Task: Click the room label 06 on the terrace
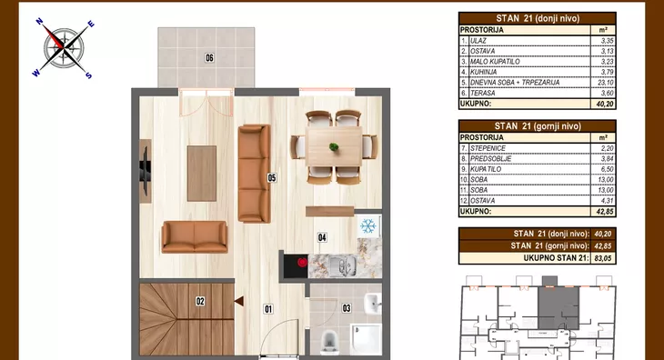point(209,57)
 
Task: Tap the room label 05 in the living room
point(272,177)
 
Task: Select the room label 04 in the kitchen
point(322,237)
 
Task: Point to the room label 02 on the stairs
point(200,301)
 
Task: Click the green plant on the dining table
point(334,147)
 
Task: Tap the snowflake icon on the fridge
point(368,225)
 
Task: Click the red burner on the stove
point(302,263)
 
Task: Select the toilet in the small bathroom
point(328,341)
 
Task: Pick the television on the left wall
point(145,171)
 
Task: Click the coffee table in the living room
point(202,174)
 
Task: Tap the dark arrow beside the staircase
point(239,301)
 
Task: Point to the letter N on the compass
point(39,21)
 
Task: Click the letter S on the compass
point(88,75)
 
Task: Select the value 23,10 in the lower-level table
point(606,83)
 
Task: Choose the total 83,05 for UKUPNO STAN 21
point(603,258)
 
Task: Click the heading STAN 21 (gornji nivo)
point(538,126)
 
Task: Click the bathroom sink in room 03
point(373,304)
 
